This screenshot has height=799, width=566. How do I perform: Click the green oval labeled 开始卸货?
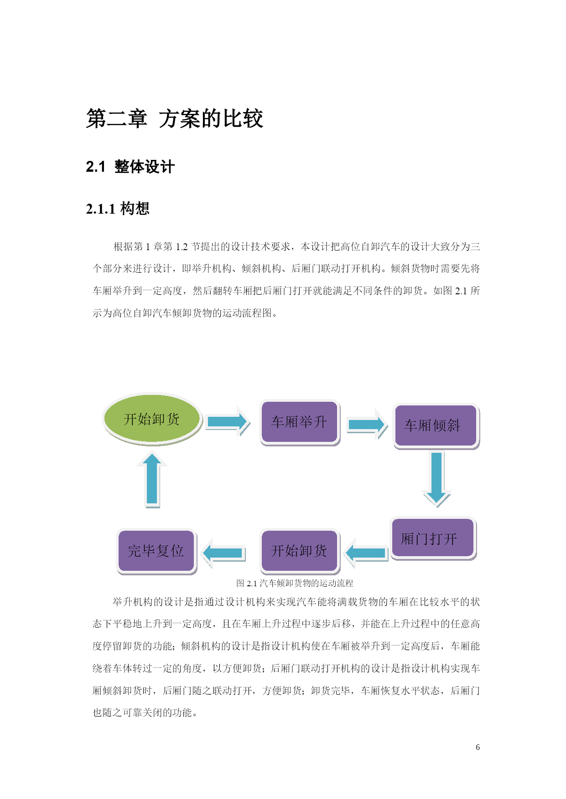152,419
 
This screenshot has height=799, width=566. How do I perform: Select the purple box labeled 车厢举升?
299,422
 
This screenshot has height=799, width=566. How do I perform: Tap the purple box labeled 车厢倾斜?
436,426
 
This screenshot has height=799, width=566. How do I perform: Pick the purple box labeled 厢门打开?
433,538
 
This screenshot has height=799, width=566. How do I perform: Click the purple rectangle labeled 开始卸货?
300,551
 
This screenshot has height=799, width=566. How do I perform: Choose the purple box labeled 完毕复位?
156,551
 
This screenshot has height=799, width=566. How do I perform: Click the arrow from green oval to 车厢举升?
228,422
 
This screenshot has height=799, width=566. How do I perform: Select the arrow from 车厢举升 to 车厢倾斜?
367,425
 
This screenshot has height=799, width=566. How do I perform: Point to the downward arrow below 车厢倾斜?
436,479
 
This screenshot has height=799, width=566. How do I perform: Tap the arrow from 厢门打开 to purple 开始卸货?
366,553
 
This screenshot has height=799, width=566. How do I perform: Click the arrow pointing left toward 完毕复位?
223,553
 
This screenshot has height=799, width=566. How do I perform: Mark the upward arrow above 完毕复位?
152,479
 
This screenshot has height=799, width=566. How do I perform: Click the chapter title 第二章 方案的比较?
175,119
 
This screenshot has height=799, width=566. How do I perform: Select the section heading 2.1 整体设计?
130,167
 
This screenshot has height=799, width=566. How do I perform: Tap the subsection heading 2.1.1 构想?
118,209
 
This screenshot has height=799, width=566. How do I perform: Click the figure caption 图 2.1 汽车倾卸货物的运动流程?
295,583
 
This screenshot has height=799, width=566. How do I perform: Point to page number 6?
478,747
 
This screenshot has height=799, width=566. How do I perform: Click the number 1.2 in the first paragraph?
182,247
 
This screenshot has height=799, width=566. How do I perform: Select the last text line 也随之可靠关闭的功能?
145,712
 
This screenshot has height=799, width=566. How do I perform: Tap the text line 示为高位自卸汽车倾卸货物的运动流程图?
185,313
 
